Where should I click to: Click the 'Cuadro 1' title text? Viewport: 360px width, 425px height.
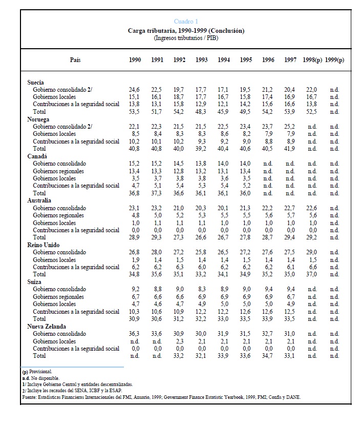click(x=186, y=22)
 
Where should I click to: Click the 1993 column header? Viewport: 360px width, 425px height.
click(x=201, y=60)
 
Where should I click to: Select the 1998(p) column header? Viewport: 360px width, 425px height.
click(x=312, y=60)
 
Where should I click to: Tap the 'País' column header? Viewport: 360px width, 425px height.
click(x=75, y=60)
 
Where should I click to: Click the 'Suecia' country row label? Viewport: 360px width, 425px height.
click(x=35, y=82)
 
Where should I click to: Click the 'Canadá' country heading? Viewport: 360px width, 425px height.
click(x=37, y=156)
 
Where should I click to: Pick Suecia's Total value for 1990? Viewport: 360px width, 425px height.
click(x=135, y=111)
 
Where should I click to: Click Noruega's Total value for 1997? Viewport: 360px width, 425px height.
click(x=290, y=149)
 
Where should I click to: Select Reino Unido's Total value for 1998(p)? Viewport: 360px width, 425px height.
click(x=311, y=274)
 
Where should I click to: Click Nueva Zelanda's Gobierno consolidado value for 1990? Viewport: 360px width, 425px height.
click(x=135, y=334)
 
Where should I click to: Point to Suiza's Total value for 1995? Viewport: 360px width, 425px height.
click(x=246, y=319)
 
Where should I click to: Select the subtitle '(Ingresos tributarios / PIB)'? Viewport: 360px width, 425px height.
click(x=186, y=37)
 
